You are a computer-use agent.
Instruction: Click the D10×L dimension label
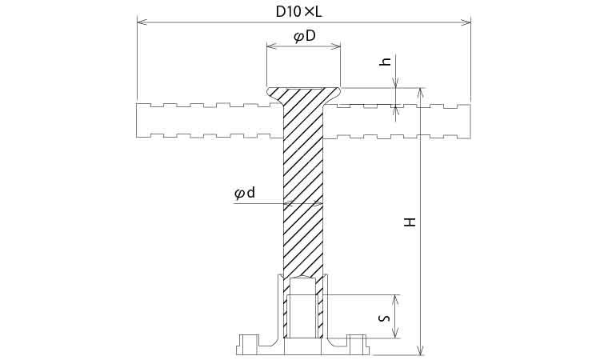299,12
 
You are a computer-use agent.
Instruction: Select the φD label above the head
304,36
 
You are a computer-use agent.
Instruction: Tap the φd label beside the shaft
245,193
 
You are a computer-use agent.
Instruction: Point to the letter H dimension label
410,222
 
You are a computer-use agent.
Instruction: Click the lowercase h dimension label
386,62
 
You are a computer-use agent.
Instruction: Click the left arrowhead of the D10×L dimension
142,22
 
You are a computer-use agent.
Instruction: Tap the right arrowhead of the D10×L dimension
466,22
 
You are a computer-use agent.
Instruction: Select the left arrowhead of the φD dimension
271,46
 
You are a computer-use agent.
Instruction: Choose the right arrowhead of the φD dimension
335,46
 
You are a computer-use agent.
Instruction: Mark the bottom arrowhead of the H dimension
421,350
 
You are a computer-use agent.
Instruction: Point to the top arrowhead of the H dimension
421,93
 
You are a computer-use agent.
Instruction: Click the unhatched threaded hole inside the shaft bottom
303,308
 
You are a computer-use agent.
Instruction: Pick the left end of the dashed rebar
138,121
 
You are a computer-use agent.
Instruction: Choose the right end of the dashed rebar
469,121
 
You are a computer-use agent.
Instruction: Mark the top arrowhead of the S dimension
396,300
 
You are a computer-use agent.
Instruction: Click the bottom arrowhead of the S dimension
396,333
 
